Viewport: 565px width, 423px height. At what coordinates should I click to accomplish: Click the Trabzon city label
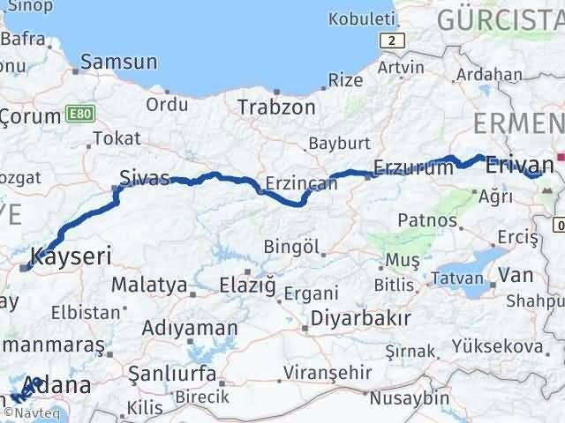(276, 108)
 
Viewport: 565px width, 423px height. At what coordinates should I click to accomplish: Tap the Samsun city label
(118, 62)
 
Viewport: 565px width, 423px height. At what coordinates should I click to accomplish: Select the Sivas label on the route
(147, 179)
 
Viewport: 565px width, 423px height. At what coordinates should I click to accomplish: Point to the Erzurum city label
(413, 167)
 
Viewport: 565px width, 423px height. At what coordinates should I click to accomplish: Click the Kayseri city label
(70, 258)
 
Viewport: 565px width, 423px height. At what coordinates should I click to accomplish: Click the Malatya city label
(149, 286)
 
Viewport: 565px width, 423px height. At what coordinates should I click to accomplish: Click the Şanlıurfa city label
(173, 374)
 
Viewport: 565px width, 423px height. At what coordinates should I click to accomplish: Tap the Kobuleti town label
(359, 18)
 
